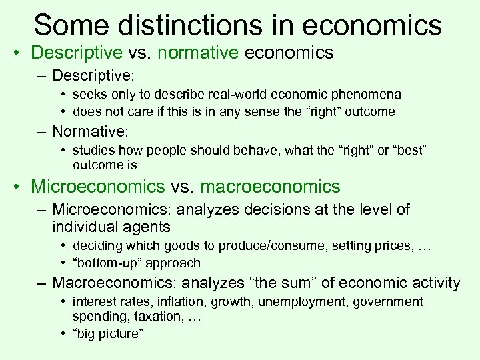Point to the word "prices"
point(387,247)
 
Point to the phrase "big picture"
point(109,333)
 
